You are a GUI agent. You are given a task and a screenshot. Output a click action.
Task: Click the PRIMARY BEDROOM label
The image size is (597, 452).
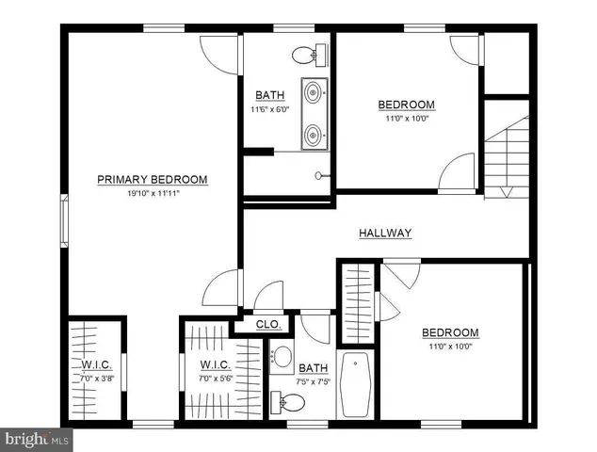point(153,179)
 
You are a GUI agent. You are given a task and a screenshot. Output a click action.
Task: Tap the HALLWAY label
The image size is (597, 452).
point(385,233)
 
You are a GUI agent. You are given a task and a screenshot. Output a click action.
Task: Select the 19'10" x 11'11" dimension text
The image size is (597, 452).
point(153,192)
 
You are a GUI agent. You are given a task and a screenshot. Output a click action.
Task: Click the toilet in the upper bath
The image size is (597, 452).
point(305,55)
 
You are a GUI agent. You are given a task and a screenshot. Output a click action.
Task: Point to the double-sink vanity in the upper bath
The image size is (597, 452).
point(315,115)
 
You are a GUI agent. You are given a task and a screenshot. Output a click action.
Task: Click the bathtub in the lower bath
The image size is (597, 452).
point(356,384)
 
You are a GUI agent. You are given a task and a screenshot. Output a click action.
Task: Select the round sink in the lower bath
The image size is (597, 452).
point(281,357)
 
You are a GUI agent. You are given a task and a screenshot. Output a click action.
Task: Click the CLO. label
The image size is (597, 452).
point(269,324)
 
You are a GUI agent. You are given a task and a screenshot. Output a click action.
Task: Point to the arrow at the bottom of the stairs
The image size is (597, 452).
point(507,192)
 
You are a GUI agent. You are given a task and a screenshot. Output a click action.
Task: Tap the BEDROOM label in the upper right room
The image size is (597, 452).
point(406,105)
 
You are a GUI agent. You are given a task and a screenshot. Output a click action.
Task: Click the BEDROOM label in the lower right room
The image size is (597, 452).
point(449,332)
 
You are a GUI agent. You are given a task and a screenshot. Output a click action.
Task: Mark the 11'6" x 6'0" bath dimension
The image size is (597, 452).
point(269,109)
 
